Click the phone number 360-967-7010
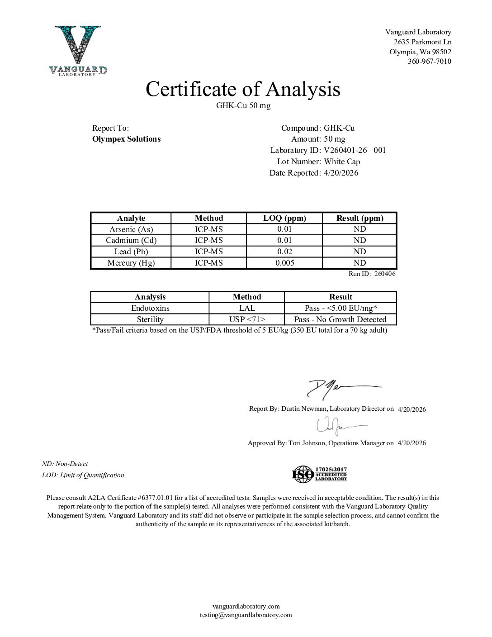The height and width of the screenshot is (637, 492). pos(429,62)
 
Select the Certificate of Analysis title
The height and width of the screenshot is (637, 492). pos(243,89)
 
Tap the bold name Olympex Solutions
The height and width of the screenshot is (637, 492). pos(126,139)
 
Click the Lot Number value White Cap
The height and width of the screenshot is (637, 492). pos(342,162)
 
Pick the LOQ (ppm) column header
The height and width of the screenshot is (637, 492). pos(284,218)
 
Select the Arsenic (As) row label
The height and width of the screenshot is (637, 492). pos(131,229)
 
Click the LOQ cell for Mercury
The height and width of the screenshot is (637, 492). pos(284,263)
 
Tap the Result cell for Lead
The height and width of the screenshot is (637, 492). pos(360,252)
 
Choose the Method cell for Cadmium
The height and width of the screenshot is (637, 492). pos(208,240)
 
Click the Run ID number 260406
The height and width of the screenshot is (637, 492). pos(385,274)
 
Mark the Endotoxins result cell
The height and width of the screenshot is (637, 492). pos(341,308)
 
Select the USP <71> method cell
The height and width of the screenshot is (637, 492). pos(247,319)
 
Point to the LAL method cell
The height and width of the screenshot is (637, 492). pos(247,308)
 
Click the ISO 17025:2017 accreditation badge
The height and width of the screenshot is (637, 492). pos(319,474)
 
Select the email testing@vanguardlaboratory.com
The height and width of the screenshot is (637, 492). pos(246,615)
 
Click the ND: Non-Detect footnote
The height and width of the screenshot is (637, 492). pos(65,464)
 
